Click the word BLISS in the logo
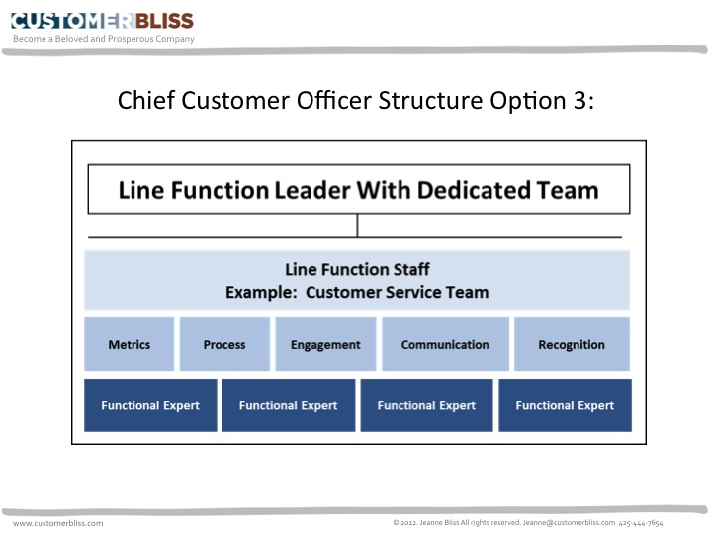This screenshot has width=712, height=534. coord(164,21)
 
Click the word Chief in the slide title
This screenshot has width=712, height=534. coord(146,100)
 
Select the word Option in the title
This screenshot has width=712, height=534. coord(528,101)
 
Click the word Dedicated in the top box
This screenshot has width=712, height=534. coord(474,190)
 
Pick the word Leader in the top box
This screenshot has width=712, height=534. coord(312,190)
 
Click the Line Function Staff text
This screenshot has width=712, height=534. coord(357,269)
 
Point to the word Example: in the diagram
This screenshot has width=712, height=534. coord(261,292)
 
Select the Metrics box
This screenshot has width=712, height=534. coord(129,344)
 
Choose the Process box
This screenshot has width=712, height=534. coord(224,344)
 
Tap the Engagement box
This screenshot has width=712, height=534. coord(325,344)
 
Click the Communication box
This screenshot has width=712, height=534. coord(445,344)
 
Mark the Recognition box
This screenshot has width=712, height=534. coord(572,344)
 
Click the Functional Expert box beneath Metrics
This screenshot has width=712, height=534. coord(150,405)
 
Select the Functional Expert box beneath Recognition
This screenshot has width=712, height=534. coord(565,405)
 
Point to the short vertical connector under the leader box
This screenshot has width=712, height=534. coord(357,225)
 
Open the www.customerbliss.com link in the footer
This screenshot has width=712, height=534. coord(57,523)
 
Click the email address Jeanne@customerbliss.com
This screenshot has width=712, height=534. coord(569,523)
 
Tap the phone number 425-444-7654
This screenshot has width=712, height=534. coord(641,523)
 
